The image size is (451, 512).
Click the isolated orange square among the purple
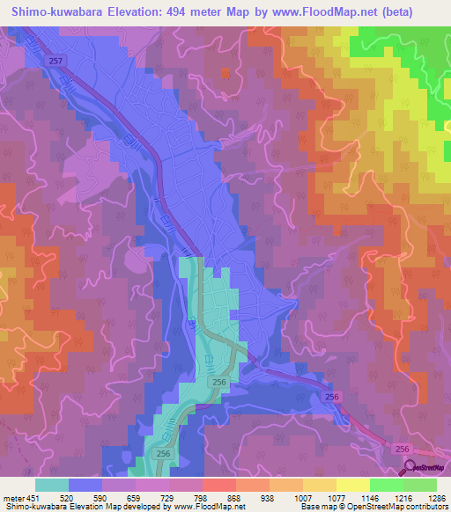coord(226,74)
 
